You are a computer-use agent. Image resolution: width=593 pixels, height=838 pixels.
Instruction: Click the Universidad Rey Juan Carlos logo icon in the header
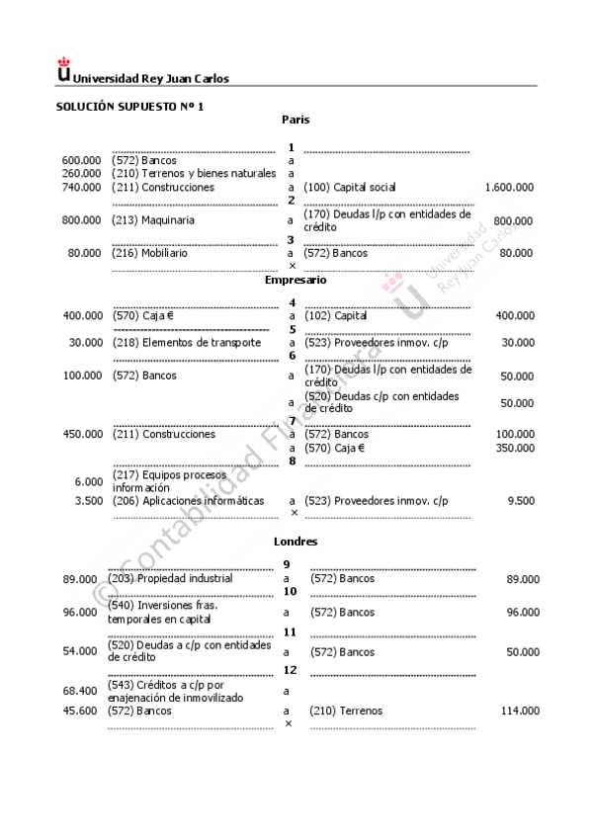64,70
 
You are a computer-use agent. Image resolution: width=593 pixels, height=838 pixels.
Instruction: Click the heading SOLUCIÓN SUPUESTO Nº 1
129,106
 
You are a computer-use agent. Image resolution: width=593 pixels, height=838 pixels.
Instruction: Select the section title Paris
296,120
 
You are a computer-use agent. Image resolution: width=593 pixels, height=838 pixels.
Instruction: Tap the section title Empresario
296,280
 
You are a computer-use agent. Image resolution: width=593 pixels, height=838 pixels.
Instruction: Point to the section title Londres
296,542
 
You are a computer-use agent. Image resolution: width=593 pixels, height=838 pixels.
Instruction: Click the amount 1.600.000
509,187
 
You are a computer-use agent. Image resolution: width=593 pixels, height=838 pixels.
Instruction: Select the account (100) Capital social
350,187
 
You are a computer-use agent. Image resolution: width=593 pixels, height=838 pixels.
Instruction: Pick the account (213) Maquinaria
153,220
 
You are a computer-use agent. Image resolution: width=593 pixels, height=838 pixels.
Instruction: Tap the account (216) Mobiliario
149,253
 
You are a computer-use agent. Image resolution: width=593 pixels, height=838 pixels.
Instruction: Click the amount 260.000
81,173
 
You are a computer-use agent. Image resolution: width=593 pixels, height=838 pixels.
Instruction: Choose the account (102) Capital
335,316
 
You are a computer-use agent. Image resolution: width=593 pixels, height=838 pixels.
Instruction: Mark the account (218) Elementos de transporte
187,342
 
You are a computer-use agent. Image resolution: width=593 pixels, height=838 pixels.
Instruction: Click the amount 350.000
514,448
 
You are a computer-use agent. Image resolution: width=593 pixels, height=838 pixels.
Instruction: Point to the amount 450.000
82,434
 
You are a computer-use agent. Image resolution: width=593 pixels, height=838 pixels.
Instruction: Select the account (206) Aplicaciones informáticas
188,501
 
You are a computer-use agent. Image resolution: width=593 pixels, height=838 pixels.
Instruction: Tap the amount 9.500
521,501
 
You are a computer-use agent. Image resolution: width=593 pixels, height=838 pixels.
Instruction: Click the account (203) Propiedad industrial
170,579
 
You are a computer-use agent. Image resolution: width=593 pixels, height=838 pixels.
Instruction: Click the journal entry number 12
291,670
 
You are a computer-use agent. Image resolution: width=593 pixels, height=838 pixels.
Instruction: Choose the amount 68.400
80,691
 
